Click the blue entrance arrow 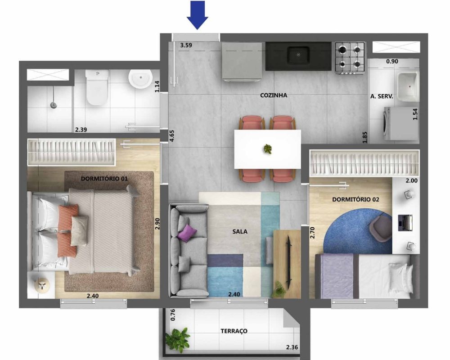click(x=198, y=15)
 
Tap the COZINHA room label click(x=274, y=95)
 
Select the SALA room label click(x=240, y=231)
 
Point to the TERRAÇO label click(x=234, y=331)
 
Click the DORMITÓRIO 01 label click(x=104, y=179)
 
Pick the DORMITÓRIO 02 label click(x=355, y=199)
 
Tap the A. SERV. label click(x=382, y=96)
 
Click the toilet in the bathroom click(x=97, y=87)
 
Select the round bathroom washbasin click(x=140, y=78)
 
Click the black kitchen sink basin click(x=298, y=56)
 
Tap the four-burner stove click(x=350, y=58)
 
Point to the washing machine click(x=400, y=123)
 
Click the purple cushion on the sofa click(x=187, y=232)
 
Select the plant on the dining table click(x=268, y=149)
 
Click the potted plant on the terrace click(x=178, y=339)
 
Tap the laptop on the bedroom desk click(x=405, y=222)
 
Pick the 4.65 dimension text click(x=172, y=136)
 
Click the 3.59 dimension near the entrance click(x=186, y=45)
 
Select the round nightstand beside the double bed click(x=42, y=286)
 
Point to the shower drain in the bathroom click(x=54, y=105)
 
